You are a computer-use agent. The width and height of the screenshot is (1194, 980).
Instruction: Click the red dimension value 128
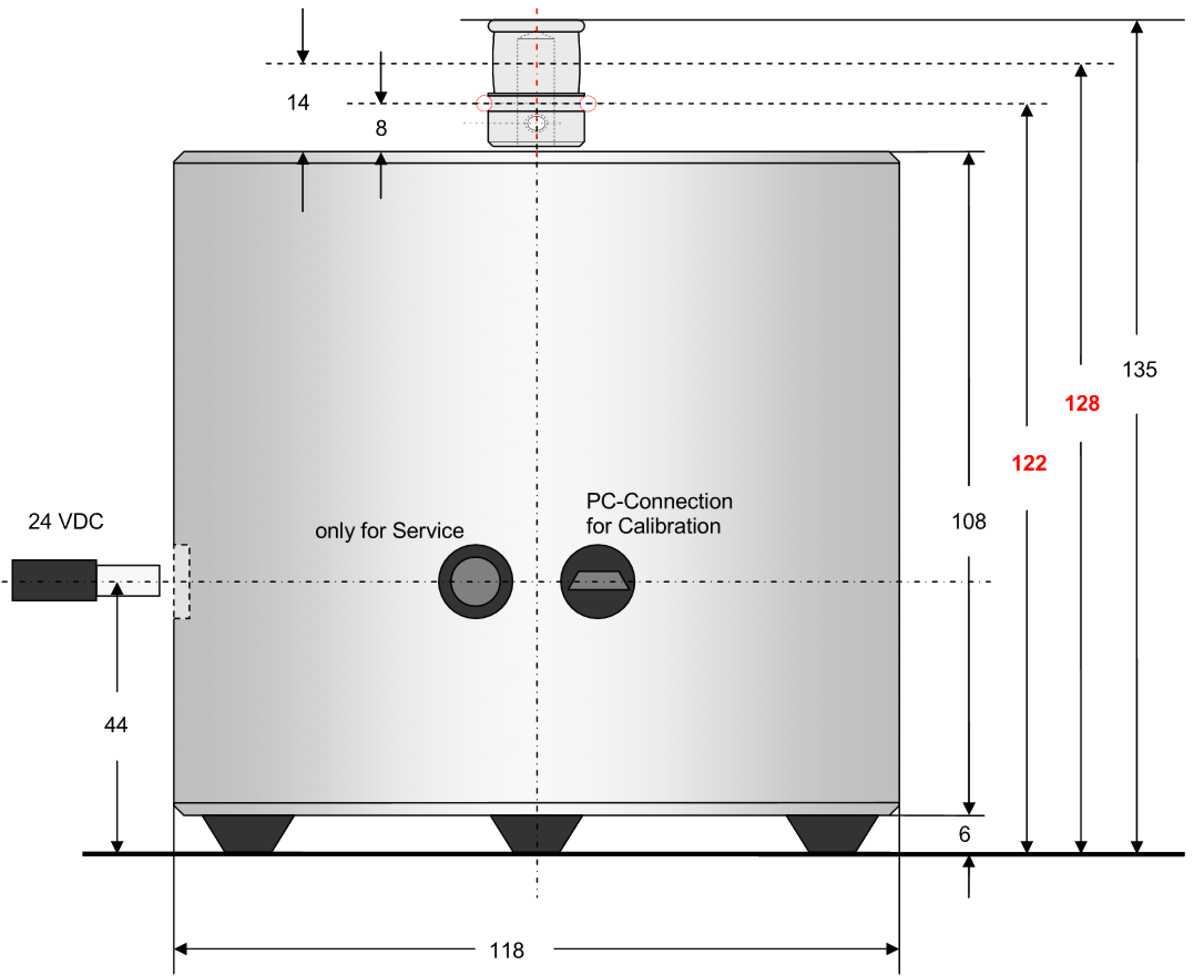1081,404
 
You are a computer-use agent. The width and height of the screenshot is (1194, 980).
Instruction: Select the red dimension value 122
1029,463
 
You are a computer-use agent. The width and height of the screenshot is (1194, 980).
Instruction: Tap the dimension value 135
1139,370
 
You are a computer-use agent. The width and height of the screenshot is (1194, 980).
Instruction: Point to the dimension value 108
969,522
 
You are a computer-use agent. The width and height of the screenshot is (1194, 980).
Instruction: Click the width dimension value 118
507,951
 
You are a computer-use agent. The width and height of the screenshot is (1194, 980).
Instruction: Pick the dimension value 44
116,725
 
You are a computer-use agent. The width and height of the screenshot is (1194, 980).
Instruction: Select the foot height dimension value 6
964,834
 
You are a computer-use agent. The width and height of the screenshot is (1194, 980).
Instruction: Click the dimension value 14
298,103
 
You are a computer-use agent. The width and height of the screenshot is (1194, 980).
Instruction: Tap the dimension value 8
381,128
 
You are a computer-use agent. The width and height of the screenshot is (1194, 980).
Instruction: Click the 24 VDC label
66,522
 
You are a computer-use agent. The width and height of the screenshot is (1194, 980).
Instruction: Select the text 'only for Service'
390,530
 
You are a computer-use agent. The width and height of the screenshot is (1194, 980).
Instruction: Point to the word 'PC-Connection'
660,501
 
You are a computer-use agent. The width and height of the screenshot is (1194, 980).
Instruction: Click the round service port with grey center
476,581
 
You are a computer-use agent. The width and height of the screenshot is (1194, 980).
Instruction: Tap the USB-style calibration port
598,581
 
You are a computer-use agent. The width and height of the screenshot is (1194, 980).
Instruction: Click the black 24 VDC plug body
54,580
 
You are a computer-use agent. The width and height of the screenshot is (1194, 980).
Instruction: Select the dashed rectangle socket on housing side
181,581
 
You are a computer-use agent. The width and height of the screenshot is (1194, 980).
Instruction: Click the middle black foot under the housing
537,834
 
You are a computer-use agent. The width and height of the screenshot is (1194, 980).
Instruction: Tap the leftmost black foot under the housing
248,834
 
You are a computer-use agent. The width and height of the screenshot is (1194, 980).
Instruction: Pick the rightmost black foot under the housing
832,834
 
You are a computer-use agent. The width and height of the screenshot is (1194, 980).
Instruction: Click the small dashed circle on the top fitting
537,122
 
